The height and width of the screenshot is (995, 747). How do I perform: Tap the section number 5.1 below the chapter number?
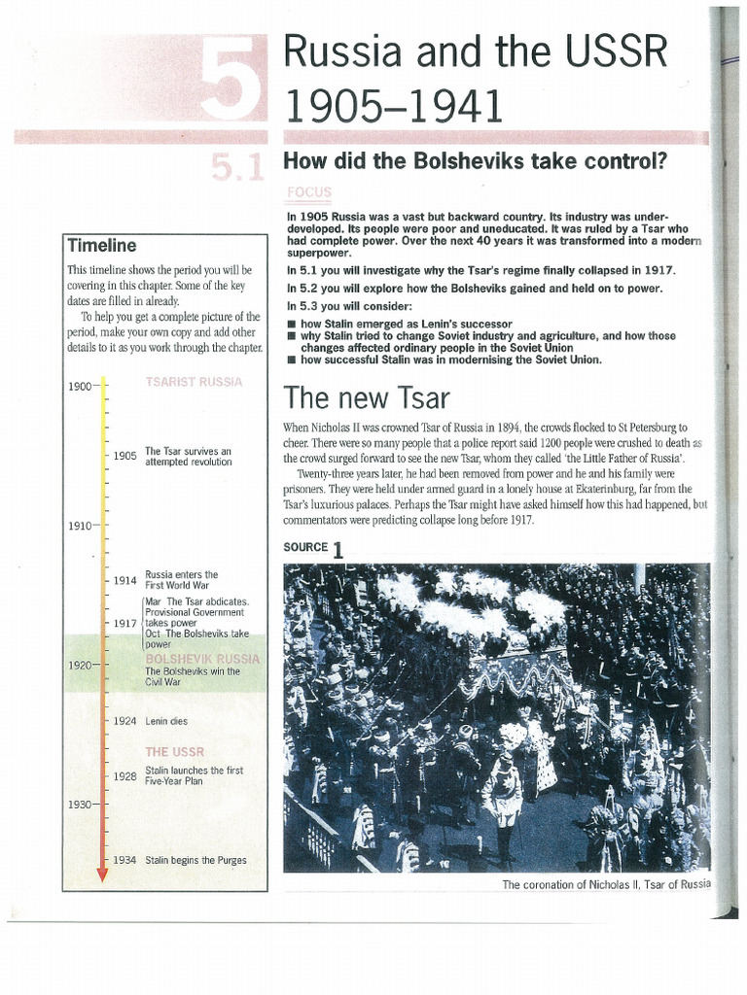pyautogui.click(x=236, y=168)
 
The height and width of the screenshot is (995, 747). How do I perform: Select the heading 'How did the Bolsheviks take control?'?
pyautogui.click(x=475, y=160)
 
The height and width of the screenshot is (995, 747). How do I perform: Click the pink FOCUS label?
pyautogui.click(x=309, y=192)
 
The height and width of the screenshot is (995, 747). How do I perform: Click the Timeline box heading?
pyautogui.click(x=101, y=246)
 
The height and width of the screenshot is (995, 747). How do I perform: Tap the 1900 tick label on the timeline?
pyautogui.click(x=79, y=386)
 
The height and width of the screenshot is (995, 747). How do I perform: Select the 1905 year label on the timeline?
pyautogui.click(x=124, y=455)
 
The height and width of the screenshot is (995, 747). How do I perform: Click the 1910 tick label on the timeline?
pyautogui.click(x=79, y=526)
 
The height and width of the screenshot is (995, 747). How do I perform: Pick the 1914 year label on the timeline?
pyautogui.click(x=124, y=580)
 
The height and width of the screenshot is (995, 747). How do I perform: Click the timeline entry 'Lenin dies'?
pyautogui.click(x=166, y=721)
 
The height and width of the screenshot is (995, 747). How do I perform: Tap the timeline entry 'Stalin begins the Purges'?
pyautogui.click(x=196, y=860)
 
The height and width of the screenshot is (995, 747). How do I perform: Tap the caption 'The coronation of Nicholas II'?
pyautogui.click(x=606, y=884)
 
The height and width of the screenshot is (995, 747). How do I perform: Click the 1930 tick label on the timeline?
pyautogui.click(x=79, y=805)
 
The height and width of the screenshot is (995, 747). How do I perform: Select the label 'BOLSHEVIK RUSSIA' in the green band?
pyautogui.click(x=201, y=658)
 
